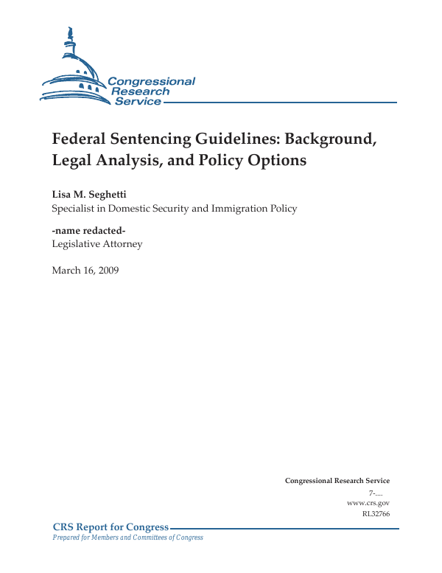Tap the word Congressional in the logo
[x=151, y=81]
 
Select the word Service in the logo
[x=137, y=101]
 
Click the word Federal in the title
[x=80, y=139]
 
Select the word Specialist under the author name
[x=74, y=209]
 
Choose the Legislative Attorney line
[x=97, y=244]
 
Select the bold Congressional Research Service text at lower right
[x=337, y=481]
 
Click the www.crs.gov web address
[x=368, y=503]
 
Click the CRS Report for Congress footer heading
[x=110, y=527]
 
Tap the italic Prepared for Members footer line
[x=127, y=538]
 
